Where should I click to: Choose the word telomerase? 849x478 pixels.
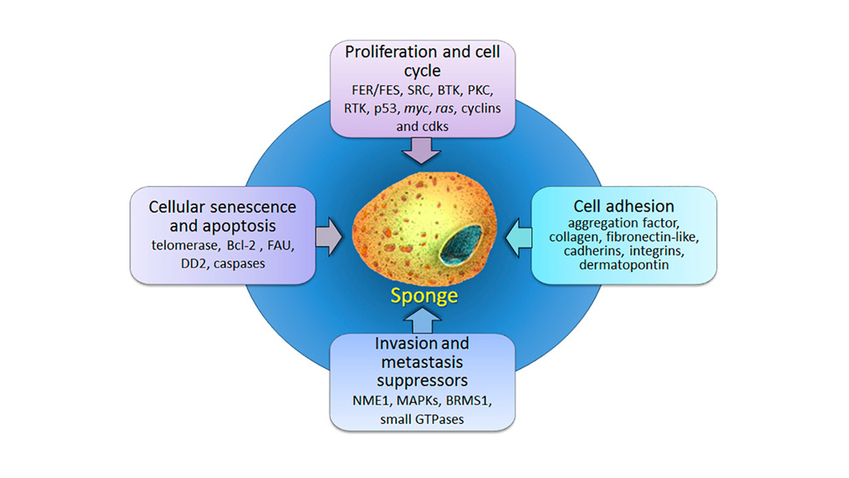184,246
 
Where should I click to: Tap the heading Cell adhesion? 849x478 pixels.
624,205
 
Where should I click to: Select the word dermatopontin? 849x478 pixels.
623,265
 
